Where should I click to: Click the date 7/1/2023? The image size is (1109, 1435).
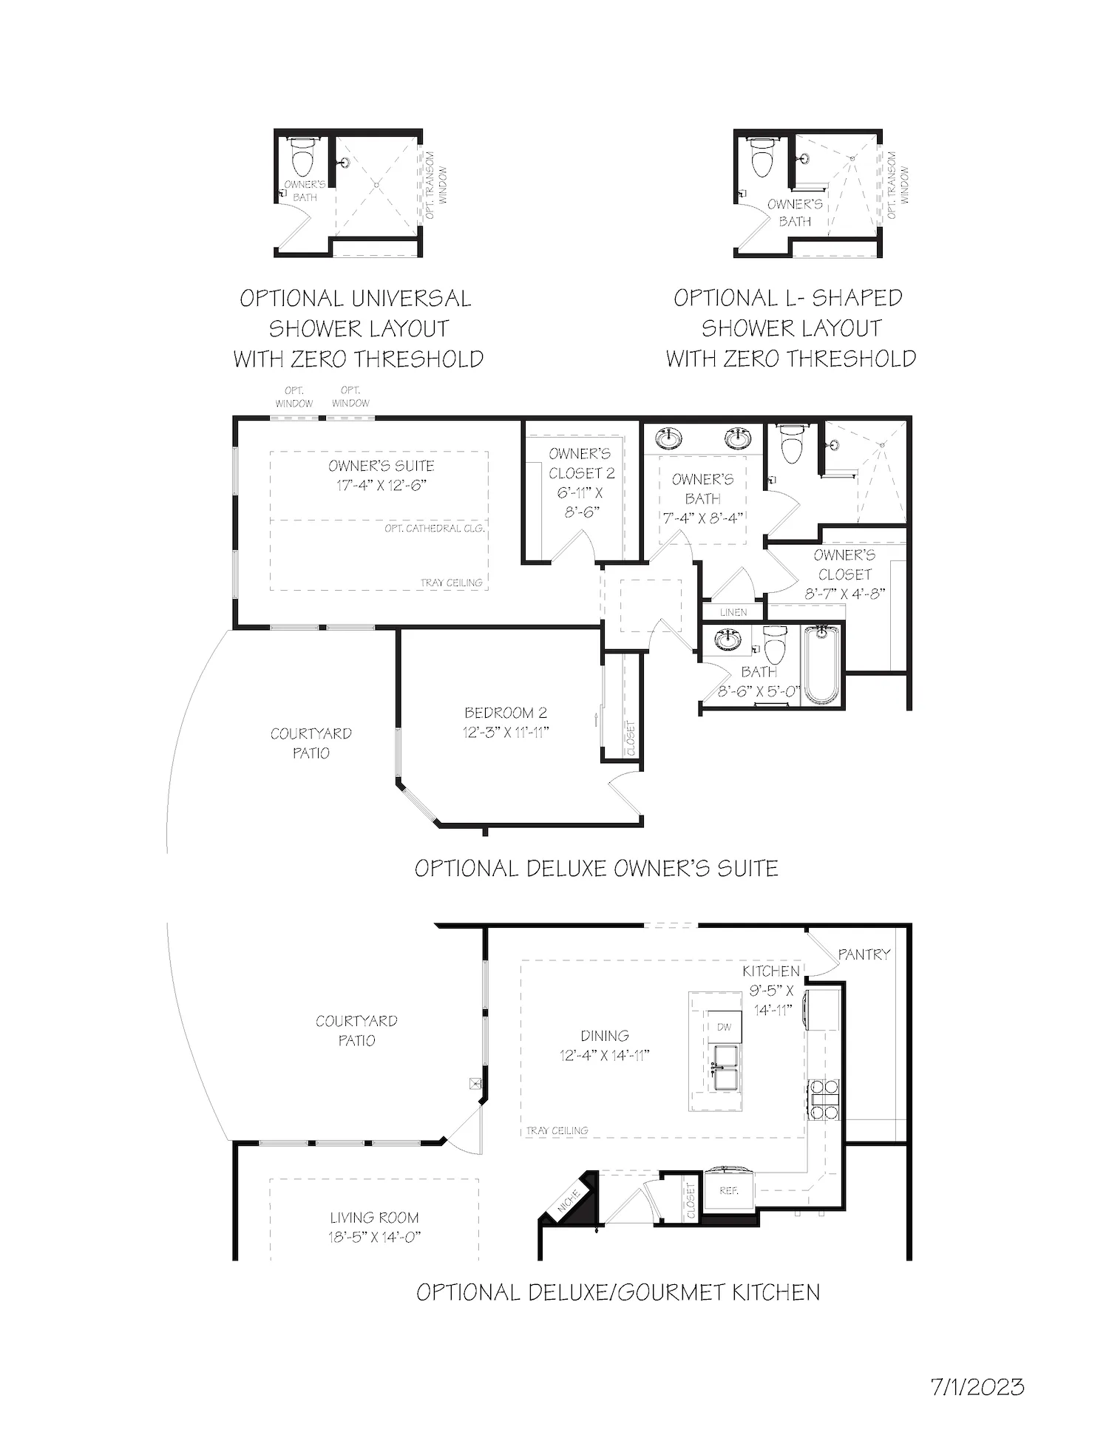977,1386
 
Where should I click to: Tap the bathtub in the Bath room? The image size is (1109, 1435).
822,663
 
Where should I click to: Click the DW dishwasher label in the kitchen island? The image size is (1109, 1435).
724,1027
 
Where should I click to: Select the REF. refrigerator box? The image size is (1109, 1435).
728,1191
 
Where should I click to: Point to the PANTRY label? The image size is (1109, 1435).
864,954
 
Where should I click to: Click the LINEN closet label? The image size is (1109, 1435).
733,612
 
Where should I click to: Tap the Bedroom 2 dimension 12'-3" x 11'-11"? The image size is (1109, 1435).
506,732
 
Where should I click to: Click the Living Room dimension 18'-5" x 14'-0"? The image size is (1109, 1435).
375,1237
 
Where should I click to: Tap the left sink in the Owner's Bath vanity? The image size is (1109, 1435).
670,438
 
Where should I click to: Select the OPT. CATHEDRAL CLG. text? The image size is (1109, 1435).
435,529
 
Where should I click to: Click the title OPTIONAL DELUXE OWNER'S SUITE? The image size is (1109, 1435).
596,868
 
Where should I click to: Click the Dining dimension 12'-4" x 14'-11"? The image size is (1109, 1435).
604,1056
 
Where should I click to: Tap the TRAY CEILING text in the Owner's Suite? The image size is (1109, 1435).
451,583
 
